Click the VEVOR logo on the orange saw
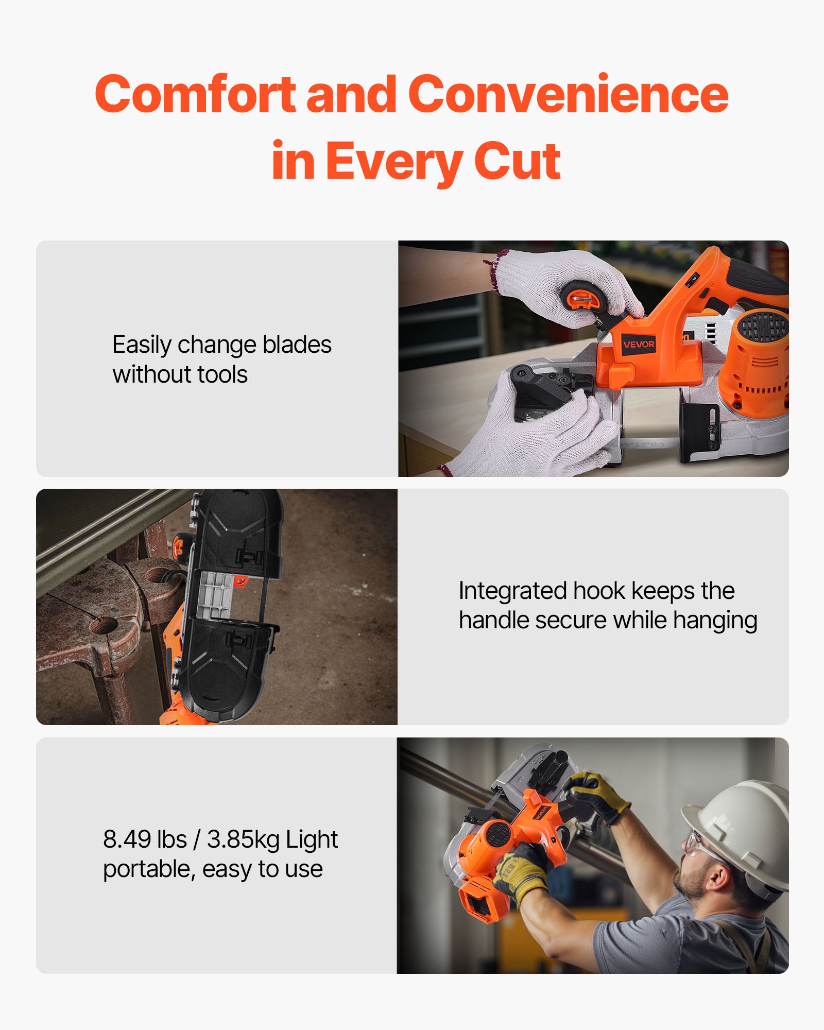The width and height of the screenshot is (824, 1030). point(639,344)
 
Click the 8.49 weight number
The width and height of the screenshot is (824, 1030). point(126,839)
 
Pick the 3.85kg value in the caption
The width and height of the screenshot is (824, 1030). point(243,839)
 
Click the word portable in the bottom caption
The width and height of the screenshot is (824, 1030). point(147,869)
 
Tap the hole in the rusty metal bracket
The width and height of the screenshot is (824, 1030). point(105,626)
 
